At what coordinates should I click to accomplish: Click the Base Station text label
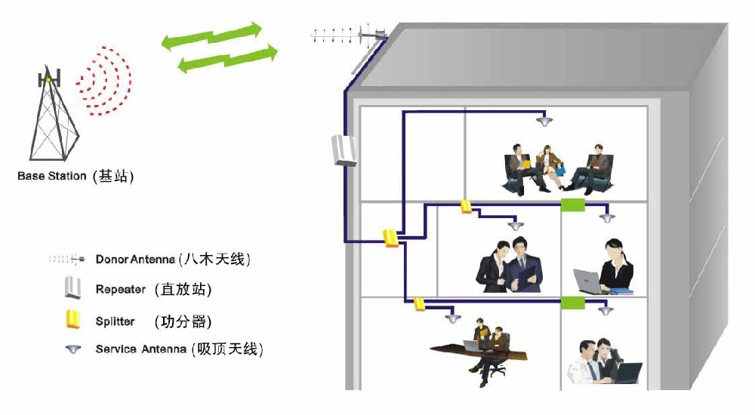(51, 176)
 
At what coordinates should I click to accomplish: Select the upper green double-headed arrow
(212, 36)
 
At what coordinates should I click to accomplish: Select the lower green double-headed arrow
(228, 59)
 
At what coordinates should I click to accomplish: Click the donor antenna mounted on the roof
(349, 35)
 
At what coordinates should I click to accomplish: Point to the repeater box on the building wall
(344, 150)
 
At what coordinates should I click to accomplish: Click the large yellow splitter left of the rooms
(390, 238)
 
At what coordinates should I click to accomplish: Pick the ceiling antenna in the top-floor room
(544, 121)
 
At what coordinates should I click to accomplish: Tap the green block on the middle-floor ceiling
(573, 205)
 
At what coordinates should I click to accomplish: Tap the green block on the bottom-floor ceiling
(573, 303)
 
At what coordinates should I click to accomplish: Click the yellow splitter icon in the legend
(72, 319)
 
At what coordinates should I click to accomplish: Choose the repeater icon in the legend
(72, 287)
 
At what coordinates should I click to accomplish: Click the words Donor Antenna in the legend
(135, 260)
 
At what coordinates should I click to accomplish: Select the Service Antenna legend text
(140, 349)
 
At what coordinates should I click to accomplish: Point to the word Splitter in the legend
(115, 321)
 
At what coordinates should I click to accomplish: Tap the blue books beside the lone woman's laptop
(621, 290)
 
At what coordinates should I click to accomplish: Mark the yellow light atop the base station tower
(48, 79)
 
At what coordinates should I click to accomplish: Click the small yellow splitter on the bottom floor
(419, 304)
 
